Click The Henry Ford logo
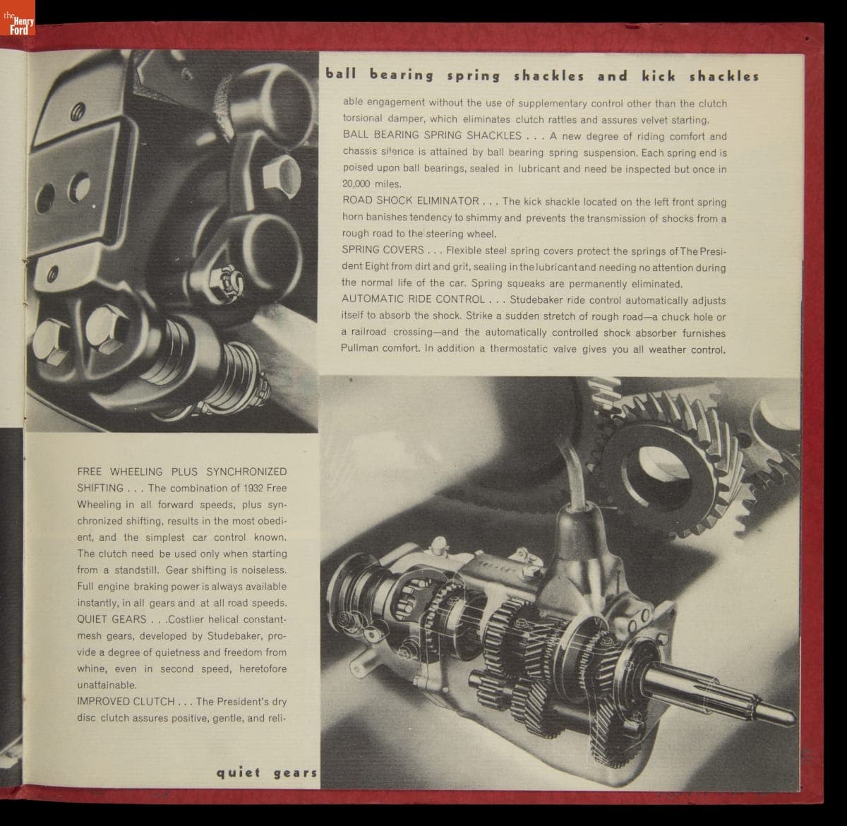[18, 18]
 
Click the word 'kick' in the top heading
[659, 76]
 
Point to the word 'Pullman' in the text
[357, 348]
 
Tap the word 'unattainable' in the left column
[107, 685]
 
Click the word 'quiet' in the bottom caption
[239, 773]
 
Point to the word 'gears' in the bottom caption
[295, 773]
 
